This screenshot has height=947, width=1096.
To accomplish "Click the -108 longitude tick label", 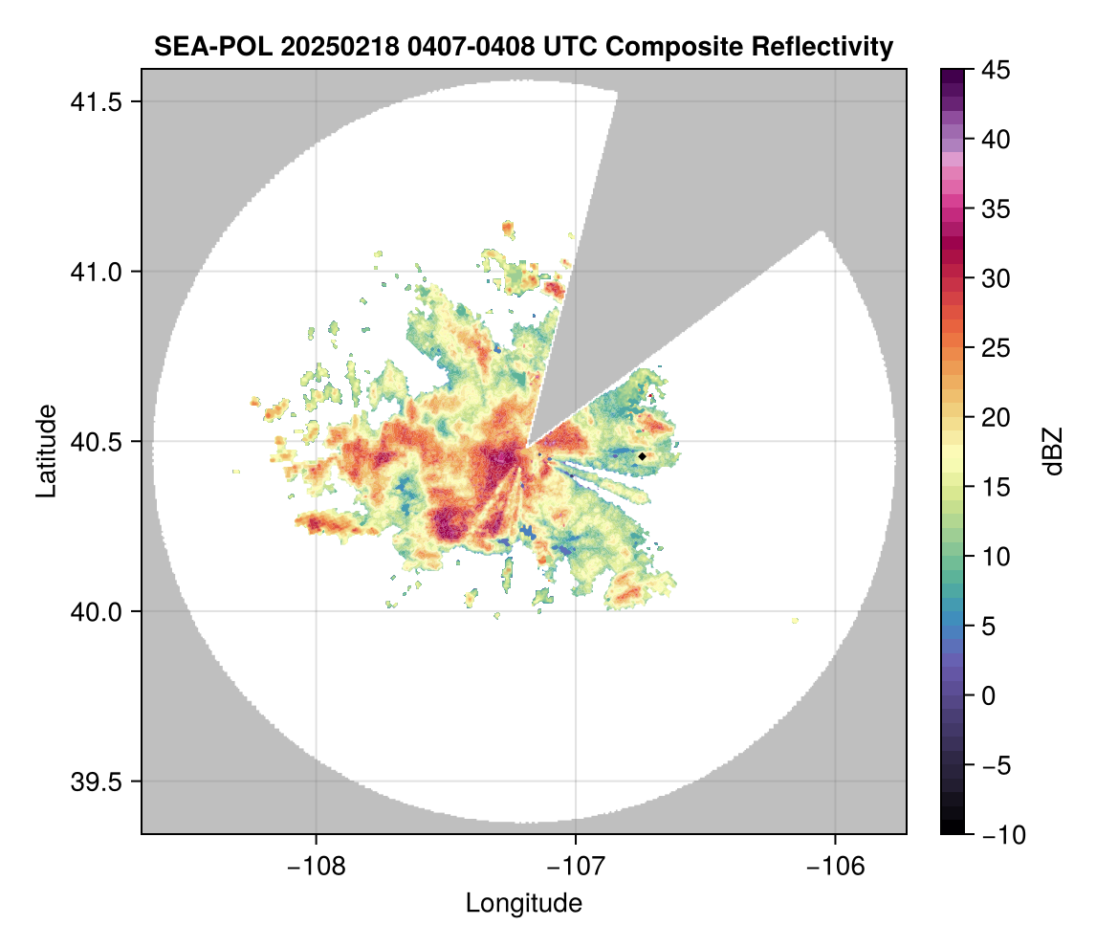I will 316,866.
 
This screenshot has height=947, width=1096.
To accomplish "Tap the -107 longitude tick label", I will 576,866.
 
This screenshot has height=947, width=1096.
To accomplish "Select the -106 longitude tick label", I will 836,866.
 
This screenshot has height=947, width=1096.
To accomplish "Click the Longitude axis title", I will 523,902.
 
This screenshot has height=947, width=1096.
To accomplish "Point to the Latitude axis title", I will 46,451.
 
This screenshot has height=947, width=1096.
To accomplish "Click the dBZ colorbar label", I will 1053,451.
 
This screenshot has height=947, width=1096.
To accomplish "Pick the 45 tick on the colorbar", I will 995,70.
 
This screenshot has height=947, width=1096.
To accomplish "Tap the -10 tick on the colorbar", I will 999,834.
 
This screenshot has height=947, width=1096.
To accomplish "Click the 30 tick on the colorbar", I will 995,278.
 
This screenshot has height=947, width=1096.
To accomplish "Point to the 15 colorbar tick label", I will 995,487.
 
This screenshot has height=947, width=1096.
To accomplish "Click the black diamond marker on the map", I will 643,457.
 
